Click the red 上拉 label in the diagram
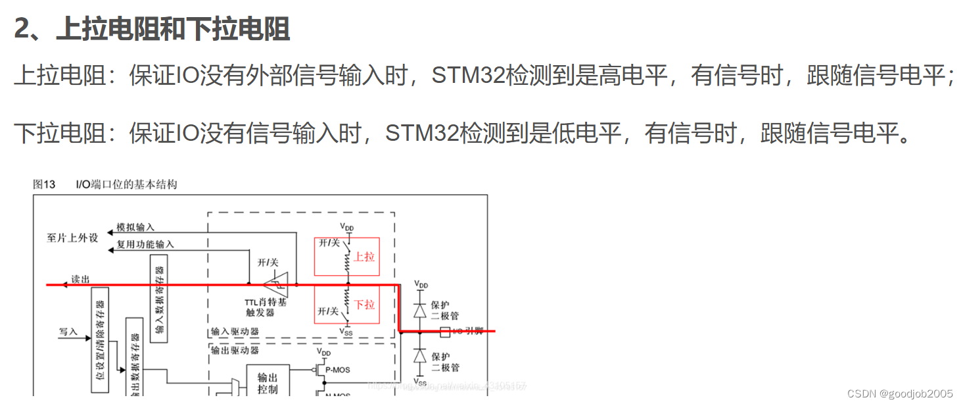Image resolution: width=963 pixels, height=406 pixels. (x=364, y=257)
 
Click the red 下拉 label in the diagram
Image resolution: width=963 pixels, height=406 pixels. (x=364, y=305)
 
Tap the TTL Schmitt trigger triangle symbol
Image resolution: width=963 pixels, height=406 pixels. (x=275, y=284)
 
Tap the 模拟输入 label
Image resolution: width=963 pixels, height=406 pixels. (x=135, y=227)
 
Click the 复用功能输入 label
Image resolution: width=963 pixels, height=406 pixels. (x=145, y=244)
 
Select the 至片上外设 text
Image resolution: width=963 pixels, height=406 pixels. (x=72, y=237)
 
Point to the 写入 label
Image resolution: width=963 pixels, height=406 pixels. (x=68, y=332)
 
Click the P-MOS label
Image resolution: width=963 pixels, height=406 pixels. (x=338, y=370)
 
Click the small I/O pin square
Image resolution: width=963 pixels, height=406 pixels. (x=444, y=331)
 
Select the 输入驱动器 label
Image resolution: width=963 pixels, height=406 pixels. (x=235, y=332)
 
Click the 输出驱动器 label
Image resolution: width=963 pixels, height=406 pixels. (x=235, y=351)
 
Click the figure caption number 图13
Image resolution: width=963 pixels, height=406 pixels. (x=44, y=184)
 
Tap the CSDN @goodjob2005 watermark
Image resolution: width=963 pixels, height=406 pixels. (x=900, y=393)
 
